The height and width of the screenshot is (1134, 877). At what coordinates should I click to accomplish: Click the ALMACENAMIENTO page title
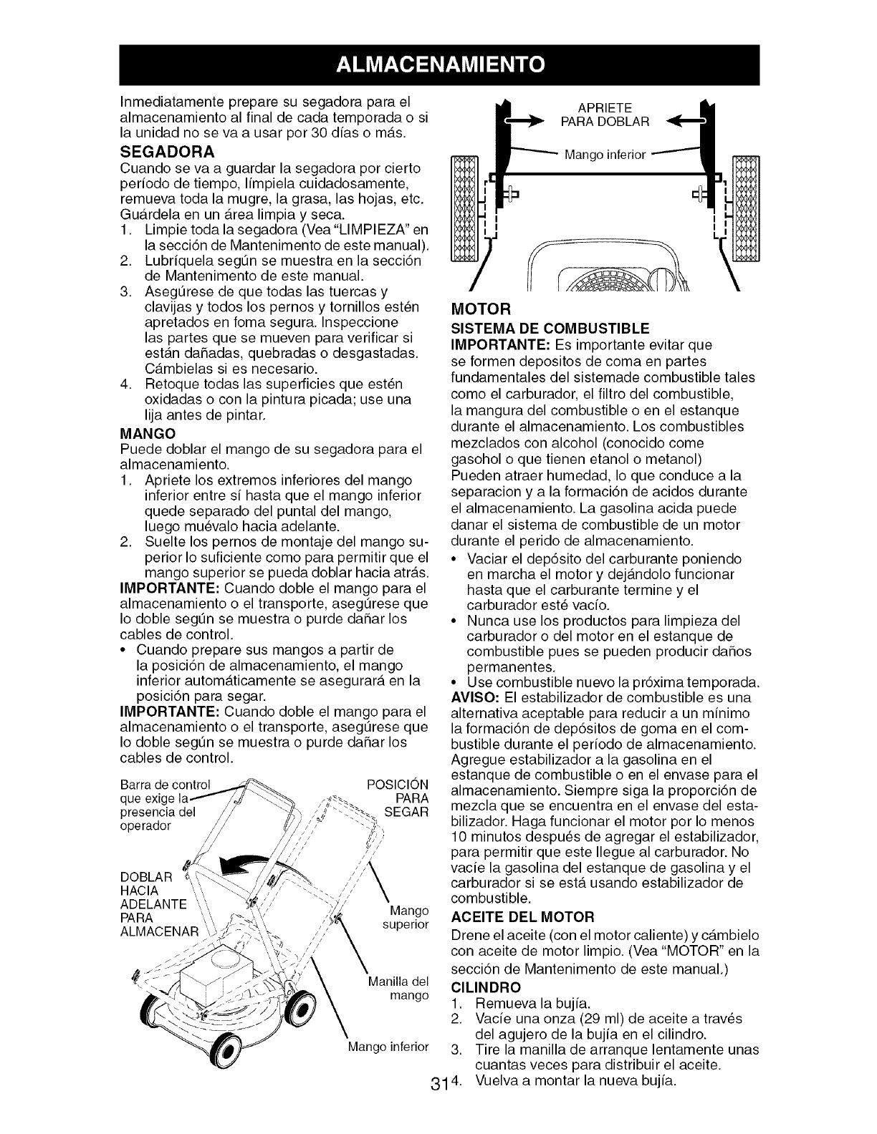[x=438, y=65]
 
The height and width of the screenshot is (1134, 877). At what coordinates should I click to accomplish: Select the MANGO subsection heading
[x=144, y=434]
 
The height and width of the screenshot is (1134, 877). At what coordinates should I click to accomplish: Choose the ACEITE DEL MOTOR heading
[x=522, y=917]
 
